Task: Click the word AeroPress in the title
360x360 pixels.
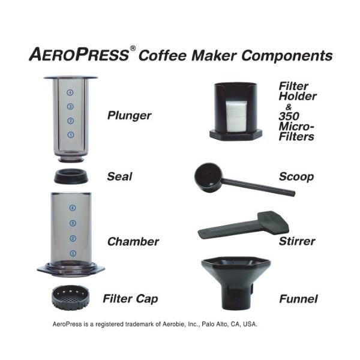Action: click(x=79, y=56)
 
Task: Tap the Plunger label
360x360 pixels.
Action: click(x=129, y=115)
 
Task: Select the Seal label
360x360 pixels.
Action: click(x=119, y=177)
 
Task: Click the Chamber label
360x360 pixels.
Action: click(x=133, y=242)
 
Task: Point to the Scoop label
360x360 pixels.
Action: click(x=296, y=177)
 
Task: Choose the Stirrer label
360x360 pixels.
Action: click(x=297, y=242)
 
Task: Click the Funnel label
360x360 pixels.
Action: click(x=298, y=298)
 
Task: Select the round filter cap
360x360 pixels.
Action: click(x=71, y=296)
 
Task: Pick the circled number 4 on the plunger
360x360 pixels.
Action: click(x=71, y=93)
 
